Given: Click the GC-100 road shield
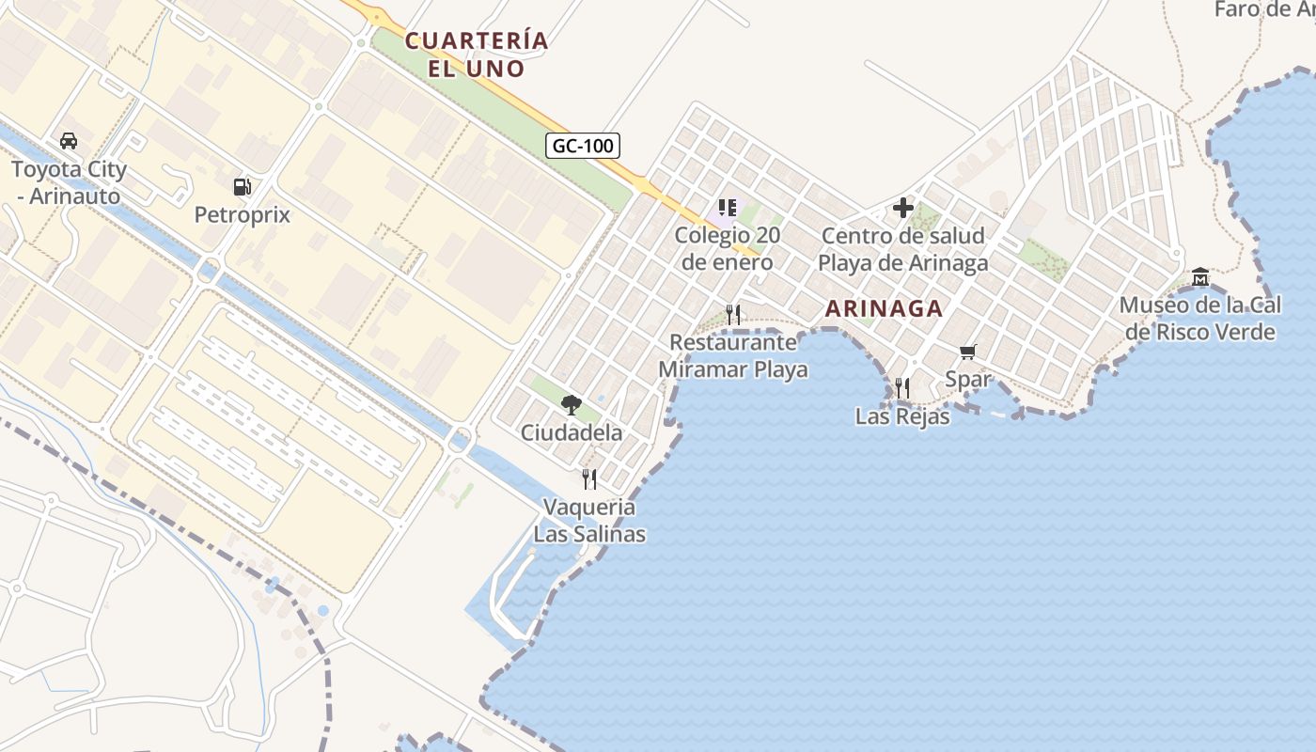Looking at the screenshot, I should [x=583, y=146].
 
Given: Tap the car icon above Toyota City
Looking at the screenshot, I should [x=69, y=141].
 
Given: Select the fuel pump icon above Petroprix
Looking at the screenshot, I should [x=243, y=186].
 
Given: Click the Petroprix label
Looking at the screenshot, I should [x=243, y=215].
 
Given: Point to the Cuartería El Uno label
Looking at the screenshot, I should [x=477, y=55].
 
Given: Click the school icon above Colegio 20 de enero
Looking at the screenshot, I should [x=727, y=207].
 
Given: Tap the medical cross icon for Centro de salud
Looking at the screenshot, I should [x=903, y=207].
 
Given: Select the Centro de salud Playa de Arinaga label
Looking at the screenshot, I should [x=903, y=249].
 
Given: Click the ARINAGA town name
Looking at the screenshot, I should [x=884, y=308].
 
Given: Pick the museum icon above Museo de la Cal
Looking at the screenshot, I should [x=1200, y=276].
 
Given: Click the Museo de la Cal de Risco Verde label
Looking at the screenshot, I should [x=1200, y=319].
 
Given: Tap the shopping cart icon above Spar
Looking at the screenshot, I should [x=968, y=352].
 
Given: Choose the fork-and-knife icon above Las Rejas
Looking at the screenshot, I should [x=902, y=387].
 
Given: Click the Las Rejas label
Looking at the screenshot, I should [x=902, y=416].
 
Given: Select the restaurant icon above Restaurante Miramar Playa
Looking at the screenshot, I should [x=733, y=314].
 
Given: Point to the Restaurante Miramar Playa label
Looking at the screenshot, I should [x=733, y=356].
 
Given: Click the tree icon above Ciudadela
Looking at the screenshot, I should [x=571, y=405].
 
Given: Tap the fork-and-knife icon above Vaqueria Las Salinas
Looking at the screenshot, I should [x=589, y=479].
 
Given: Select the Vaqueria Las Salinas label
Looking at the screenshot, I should [x=589, y=521].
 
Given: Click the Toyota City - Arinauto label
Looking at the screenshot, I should [x=69, y=182].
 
